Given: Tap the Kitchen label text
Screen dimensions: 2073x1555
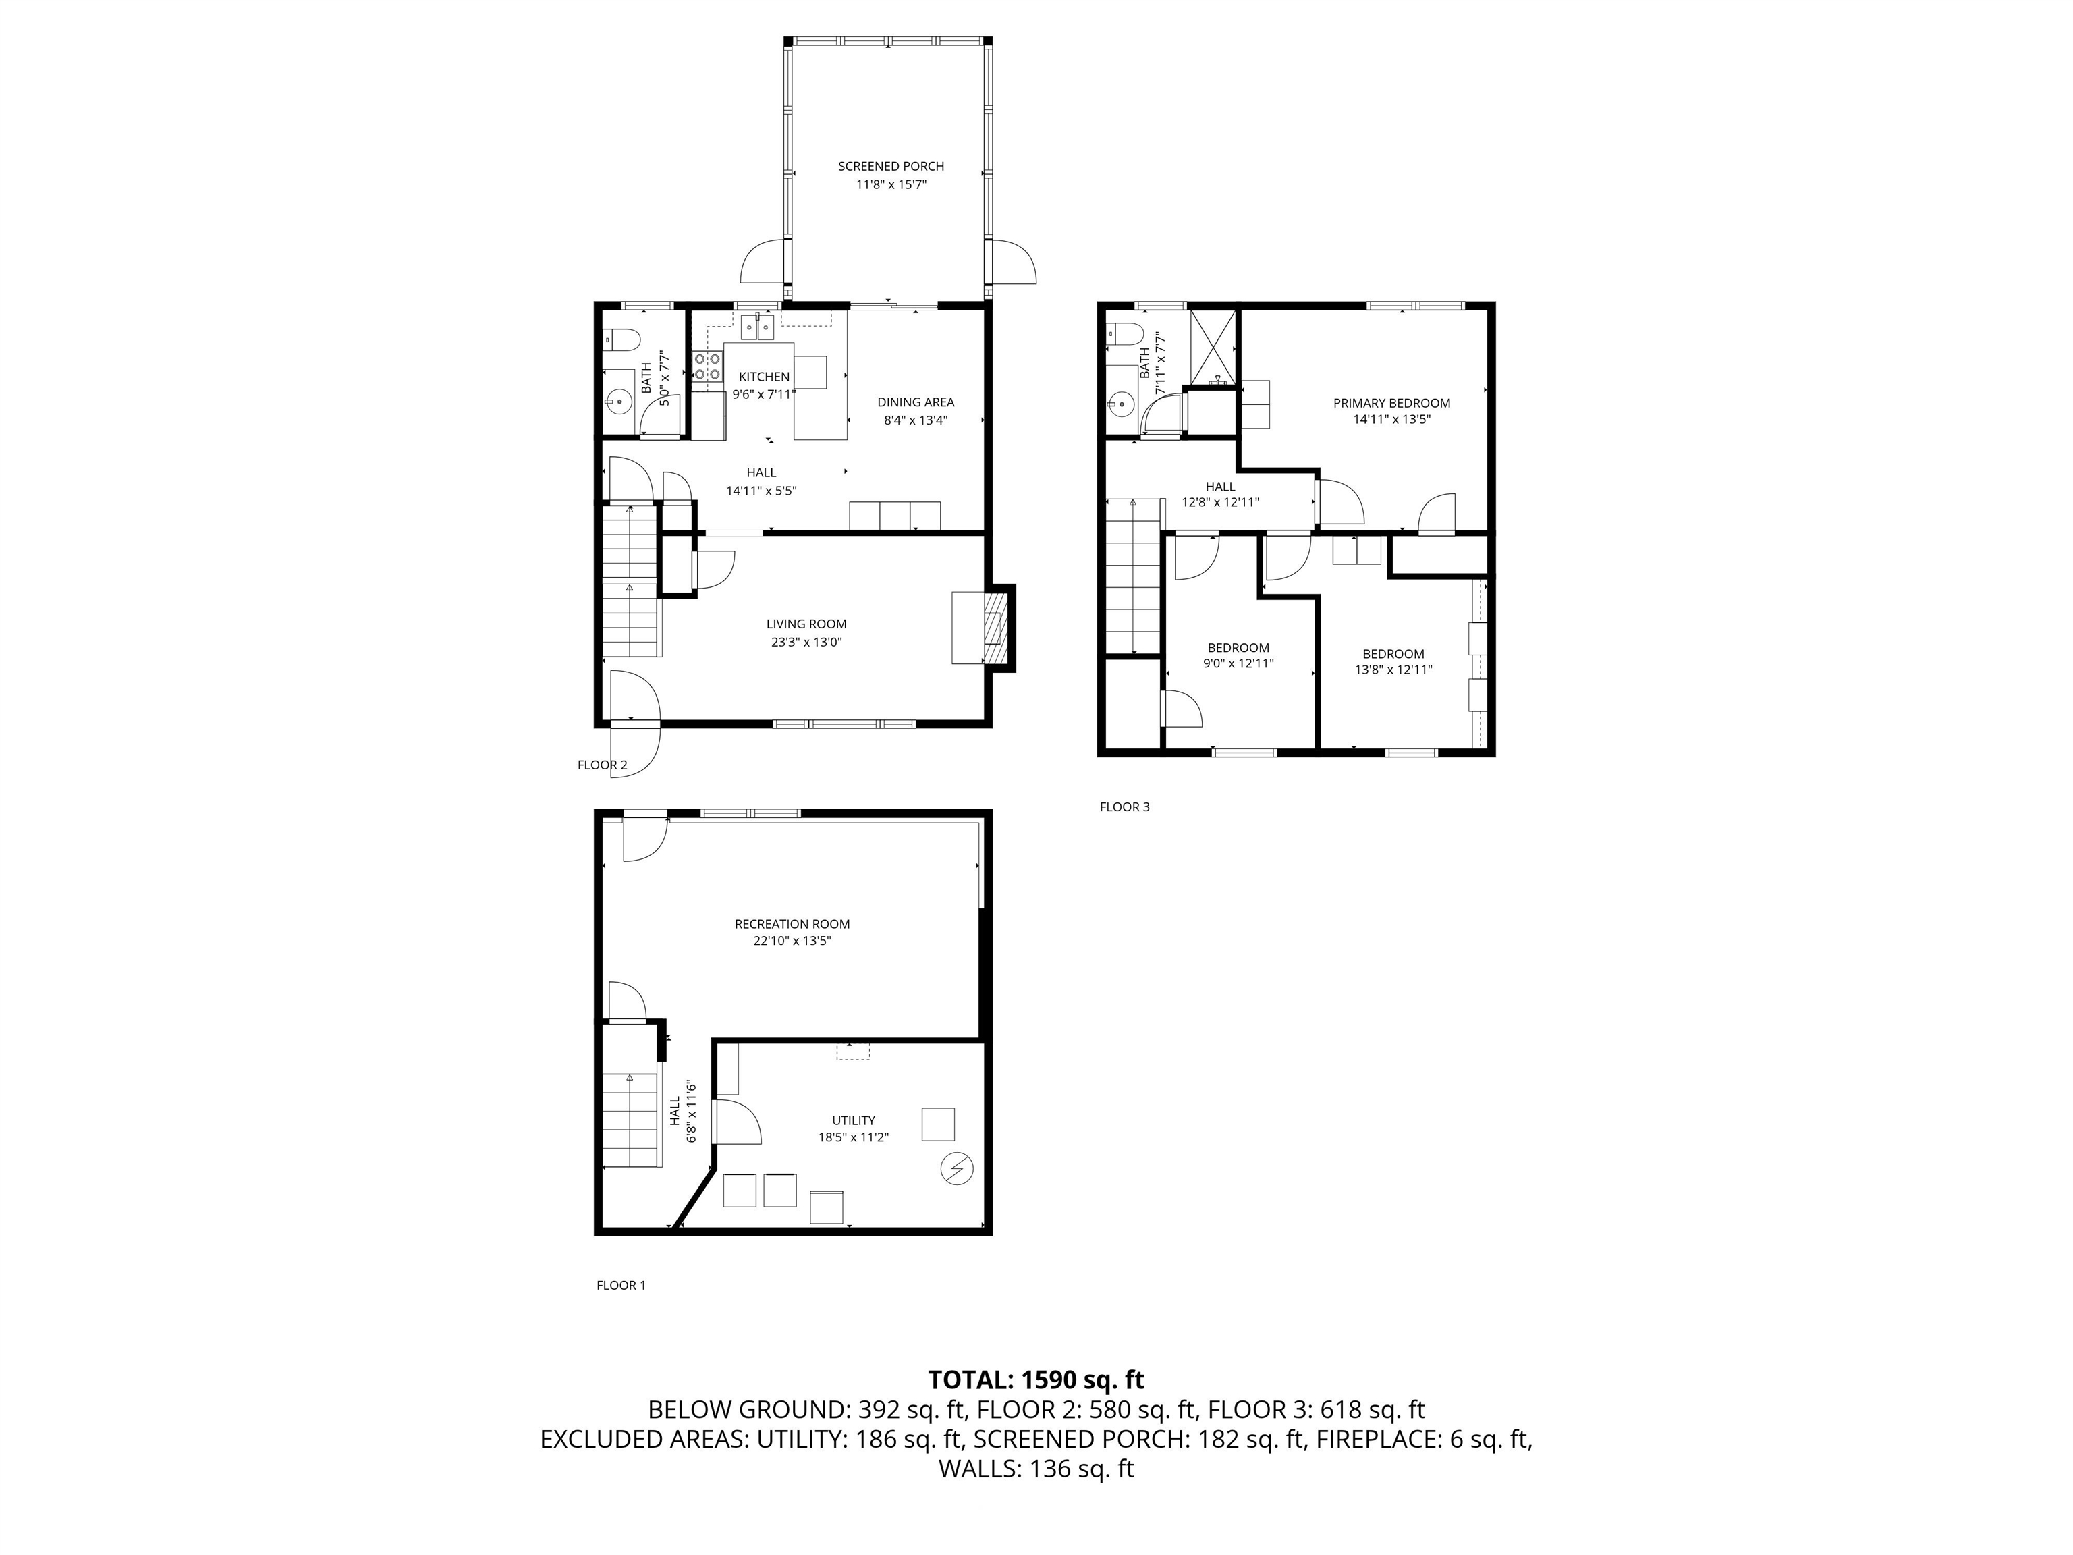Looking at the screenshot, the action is pos(764,377).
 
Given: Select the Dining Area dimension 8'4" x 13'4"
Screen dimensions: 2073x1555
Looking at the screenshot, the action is pos(916,420).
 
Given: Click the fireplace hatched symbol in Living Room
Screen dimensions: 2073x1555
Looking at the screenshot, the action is pos(995,627).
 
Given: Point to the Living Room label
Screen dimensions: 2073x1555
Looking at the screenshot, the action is pos(806,624).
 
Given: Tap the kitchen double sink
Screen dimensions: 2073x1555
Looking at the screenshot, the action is pos(758,326).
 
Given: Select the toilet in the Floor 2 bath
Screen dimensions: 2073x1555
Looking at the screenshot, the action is pos(622,338).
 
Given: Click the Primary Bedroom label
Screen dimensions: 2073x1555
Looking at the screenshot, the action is pos(1391,403).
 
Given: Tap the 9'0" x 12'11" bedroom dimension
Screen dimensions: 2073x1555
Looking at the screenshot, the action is pos(1238,663).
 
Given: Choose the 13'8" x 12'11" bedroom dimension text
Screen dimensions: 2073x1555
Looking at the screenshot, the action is pos(1393,670).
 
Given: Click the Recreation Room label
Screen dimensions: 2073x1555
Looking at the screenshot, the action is pos(792,924).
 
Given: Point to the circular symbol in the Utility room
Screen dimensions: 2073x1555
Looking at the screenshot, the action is pos(957,1169).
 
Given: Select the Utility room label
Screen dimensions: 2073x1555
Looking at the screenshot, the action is pos(854,1120).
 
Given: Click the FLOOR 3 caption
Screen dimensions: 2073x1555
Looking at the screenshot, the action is pos(1125,807).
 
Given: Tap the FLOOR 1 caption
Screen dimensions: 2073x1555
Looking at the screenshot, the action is pos(621,1285).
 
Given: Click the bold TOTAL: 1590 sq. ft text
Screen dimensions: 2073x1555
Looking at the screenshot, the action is pos(1036,1380).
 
